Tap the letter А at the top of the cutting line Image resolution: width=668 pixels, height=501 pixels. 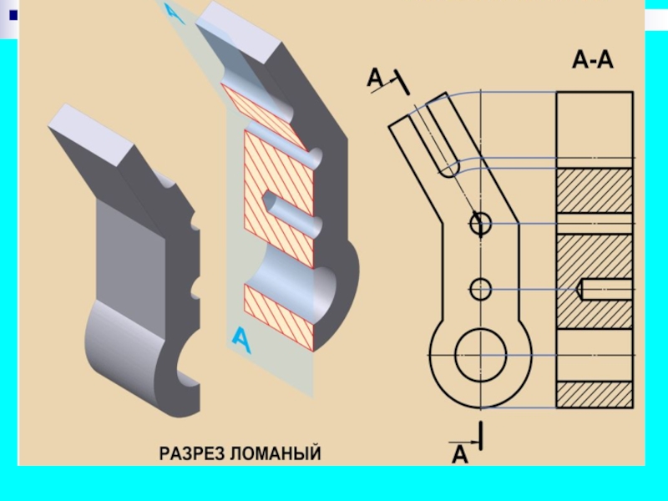point(375,78)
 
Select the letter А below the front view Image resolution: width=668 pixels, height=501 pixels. point(460,456)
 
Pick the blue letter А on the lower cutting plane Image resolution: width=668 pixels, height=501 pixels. point(240,338)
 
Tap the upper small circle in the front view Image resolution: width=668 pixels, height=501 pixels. point(480,223)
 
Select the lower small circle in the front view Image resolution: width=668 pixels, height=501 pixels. point(480,290)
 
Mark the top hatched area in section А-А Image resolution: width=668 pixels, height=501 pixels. point(594,190)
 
